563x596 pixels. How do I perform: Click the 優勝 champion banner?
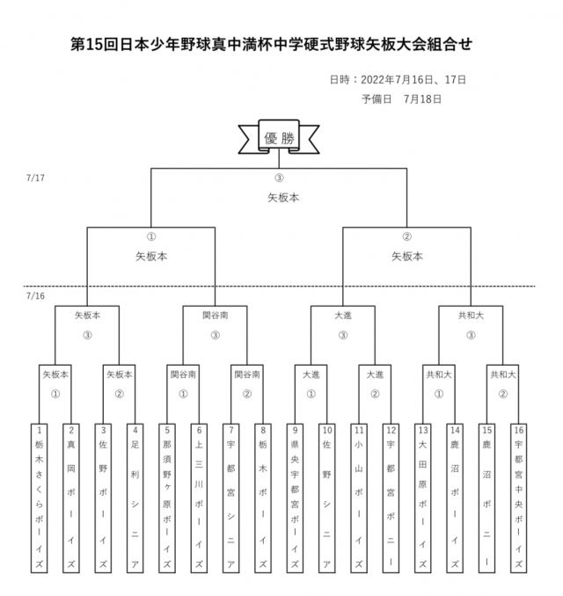click(x=279, y=138)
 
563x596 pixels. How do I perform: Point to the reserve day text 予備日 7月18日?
click(x=401, y=98)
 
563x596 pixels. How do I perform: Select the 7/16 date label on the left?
click(x=36, y=295)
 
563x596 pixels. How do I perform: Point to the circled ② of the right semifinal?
click(x=407, y=236)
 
